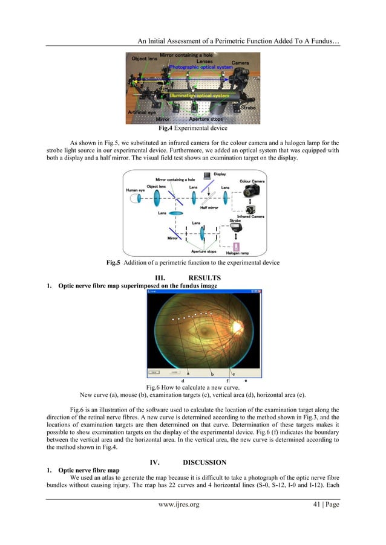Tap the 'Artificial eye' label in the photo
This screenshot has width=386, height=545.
142,112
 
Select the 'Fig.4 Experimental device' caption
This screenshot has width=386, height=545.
192,129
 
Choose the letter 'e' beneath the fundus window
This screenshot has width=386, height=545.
245,381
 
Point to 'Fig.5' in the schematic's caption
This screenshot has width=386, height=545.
113,263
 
